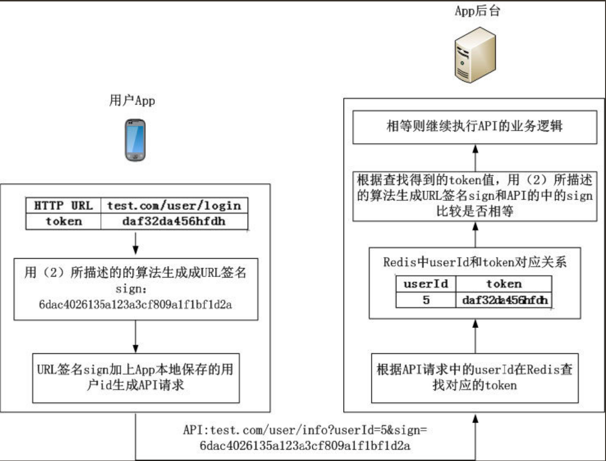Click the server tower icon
click(475, 55)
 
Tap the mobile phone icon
click(135, 140)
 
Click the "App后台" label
click(477, 11)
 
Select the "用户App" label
click(132, 100)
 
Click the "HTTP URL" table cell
click(64, 206)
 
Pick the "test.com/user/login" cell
click(174, 206)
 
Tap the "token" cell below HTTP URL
click(64, 221)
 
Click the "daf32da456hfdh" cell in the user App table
click(174, 221)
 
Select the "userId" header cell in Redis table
click(426, 284)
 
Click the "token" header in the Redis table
click(504, 284)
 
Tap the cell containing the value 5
click(426, 300)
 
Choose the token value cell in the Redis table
click(504, 300)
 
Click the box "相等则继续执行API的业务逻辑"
click(475, 127)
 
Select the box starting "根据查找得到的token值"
click(475, 196)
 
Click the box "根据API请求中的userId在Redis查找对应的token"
click(475, 378)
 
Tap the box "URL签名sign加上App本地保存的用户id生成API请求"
click(136, 378)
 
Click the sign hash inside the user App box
click(135, 305)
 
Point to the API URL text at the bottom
click(305, 438)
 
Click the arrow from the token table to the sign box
click(135, 243)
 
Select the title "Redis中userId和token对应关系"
click(475, 262)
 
